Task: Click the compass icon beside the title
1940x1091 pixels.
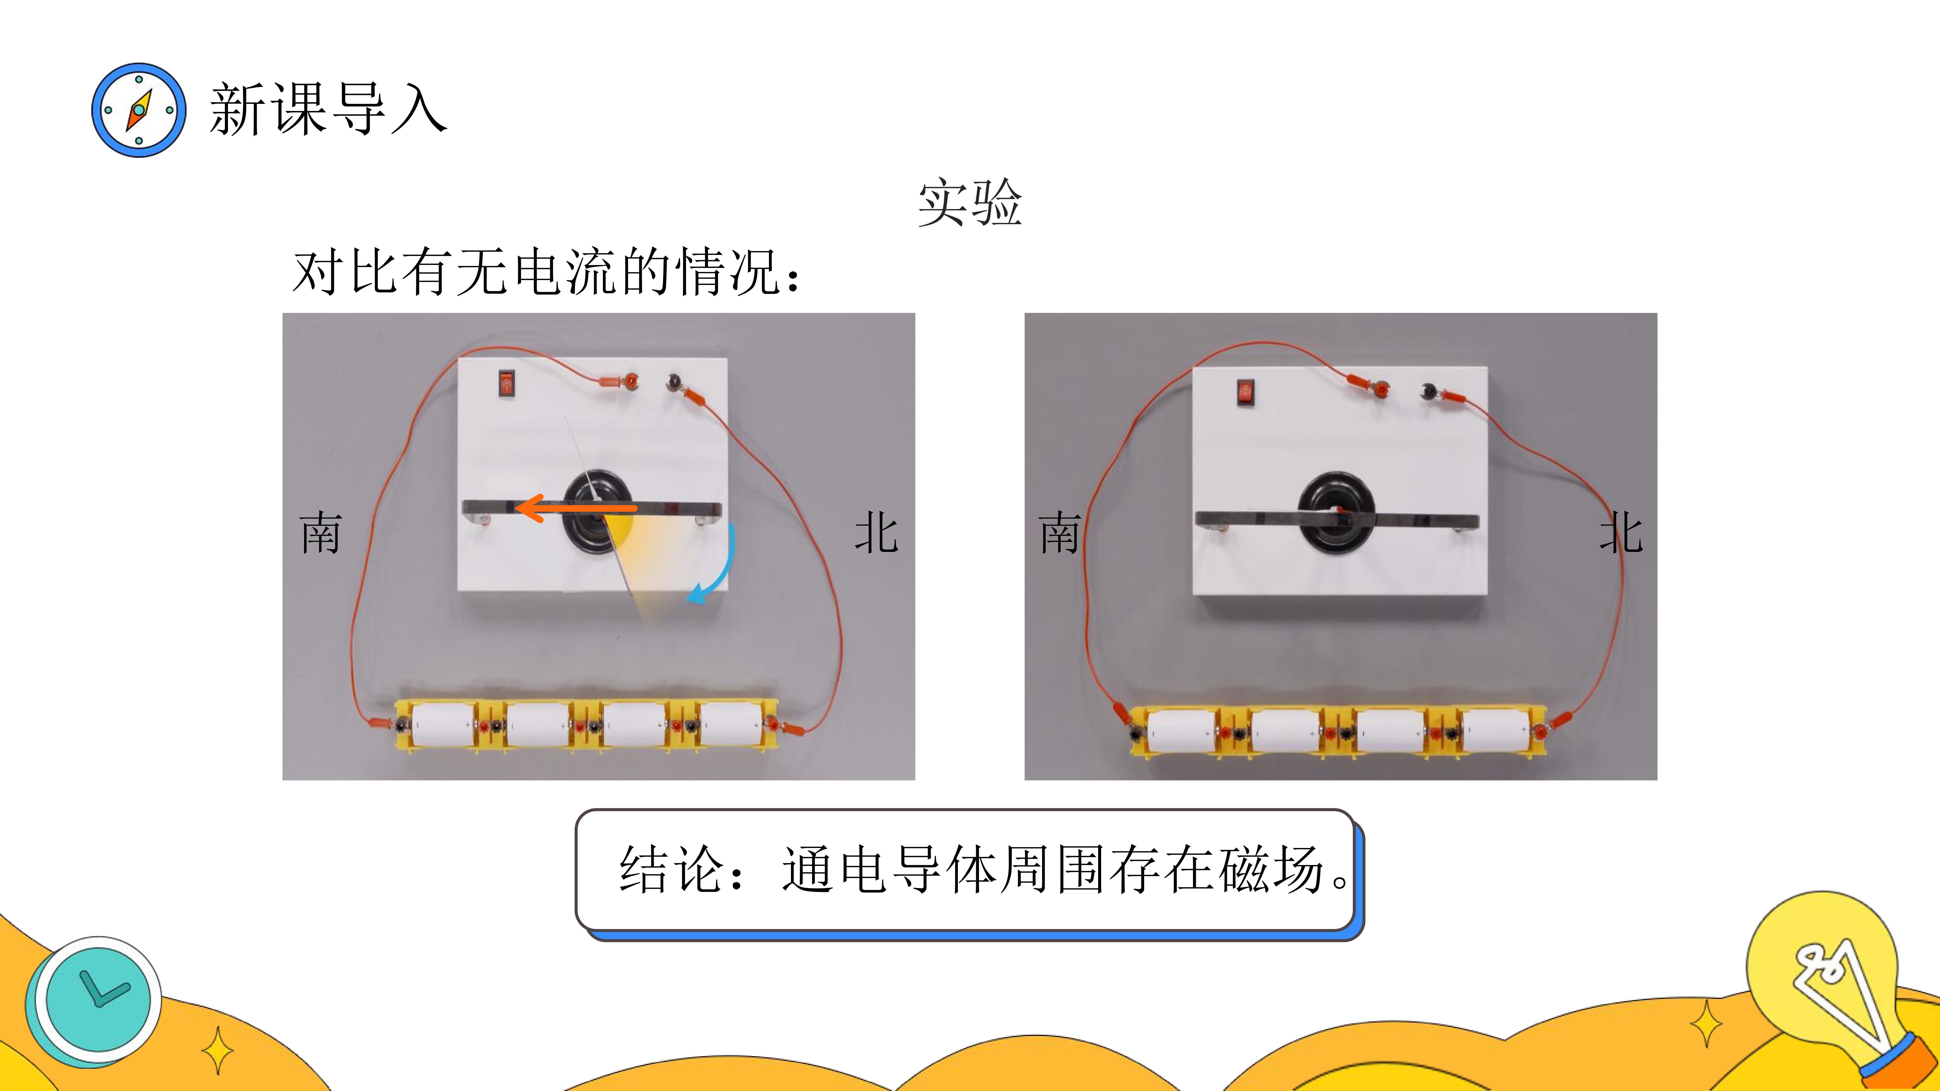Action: pyautogui.click(x=139, y=110)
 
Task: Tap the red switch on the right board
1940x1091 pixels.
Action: pyautogui.click(x=1246, y=393)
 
